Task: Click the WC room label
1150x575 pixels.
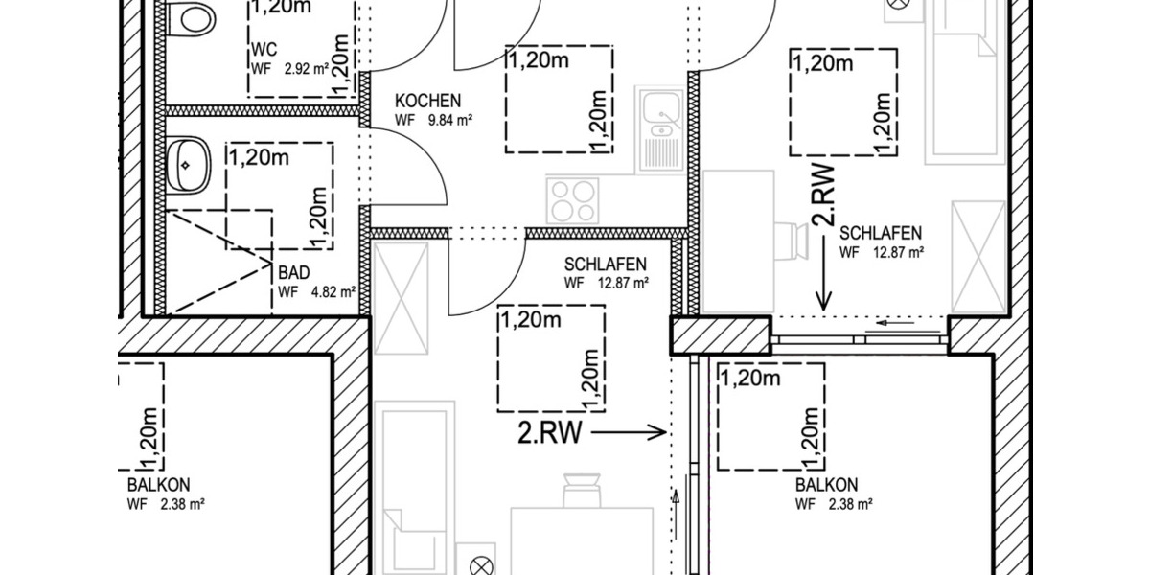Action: point(264,49)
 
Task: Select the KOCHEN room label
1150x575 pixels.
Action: point(428,101)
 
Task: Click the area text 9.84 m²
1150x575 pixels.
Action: point(452,121)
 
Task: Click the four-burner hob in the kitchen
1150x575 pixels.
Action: point(572,201)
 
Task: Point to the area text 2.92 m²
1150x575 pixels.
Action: point(305,69)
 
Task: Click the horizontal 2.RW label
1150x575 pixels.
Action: point(550,434)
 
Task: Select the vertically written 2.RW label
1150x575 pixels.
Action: point(823,196)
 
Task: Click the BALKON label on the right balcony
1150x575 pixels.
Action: point(826,485)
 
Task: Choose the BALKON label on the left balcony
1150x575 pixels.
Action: point(157,485)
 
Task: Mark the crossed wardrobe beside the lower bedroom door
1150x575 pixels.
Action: point(400,298)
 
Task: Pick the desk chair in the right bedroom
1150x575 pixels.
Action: point(792,241)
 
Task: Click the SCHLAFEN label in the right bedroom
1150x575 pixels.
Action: point(881,233)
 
